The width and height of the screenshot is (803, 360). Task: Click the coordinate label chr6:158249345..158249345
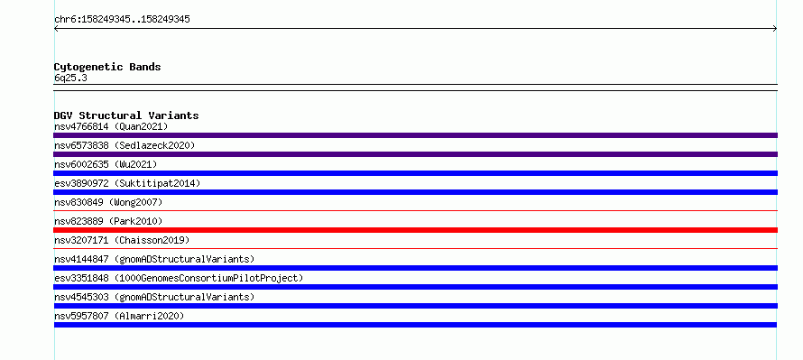coord(122,20)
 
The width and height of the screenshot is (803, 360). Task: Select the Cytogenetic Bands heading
coord(107,67)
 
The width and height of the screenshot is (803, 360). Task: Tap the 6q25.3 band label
coord(70,78)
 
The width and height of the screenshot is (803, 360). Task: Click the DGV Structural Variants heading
coord(126,115)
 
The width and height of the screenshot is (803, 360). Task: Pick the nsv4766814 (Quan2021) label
coord(111,126)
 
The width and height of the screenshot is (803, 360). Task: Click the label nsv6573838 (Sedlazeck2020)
coord(125,145)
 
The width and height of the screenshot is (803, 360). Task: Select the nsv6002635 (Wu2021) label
coord(106,164)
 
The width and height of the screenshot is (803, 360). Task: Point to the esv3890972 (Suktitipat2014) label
coord(127,183)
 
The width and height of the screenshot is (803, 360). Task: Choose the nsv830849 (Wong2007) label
coord(108,202)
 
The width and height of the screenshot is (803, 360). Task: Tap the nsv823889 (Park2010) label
coord(108,221)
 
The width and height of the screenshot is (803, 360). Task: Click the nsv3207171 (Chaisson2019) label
coord(122,240)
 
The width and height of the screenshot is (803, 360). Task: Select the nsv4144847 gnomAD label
coord(154,259)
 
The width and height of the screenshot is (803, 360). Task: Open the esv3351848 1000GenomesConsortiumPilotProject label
coord(179,278)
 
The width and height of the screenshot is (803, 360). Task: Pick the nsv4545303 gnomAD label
coord(154,297)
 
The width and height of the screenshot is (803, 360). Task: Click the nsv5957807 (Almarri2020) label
coord(119,316)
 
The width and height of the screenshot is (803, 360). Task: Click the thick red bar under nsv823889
coord(415,230)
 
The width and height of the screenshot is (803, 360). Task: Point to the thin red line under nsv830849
coord(415,210)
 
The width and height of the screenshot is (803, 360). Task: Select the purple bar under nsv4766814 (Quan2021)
coord(415,135)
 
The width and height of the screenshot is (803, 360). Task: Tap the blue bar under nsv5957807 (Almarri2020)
coord(415,325)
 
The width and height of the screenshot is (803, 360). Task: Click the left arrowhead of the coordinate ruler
coord(56,29)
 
